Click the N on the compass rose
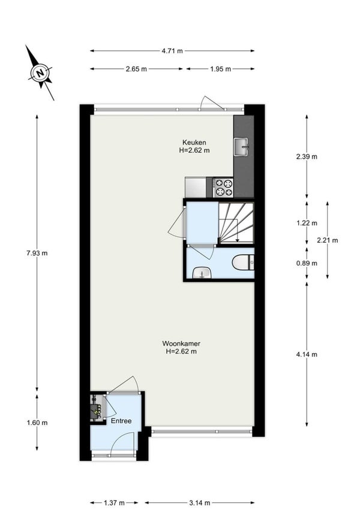(x=40, y=73)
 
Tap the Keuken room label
(x=194, y=142)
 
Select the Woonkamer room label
(x=181, y=344)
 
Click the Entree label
(x=121, y=421)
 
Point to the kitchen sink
(x=241, y=147)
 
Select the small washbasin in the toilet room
(x=202, y=273)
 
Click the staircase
(x=236, y=222)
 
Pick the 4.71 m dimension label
(x=172, y=51)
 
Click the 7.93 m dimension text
(x=37, y=254)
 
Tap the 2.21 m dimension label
(x=327, y=240)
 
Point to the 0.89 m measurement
(x=307, y=263)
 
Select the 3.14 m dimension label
(x=200, y=503)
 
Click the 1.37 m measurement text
(x=115, y=503)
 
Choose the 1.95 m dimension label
(x=220, y=69)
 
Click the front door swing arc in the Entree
(x=116, y=436)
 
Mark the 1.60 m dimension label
(x=37, y=423)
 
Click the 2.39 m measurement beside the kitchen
(x=307, y=156)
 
